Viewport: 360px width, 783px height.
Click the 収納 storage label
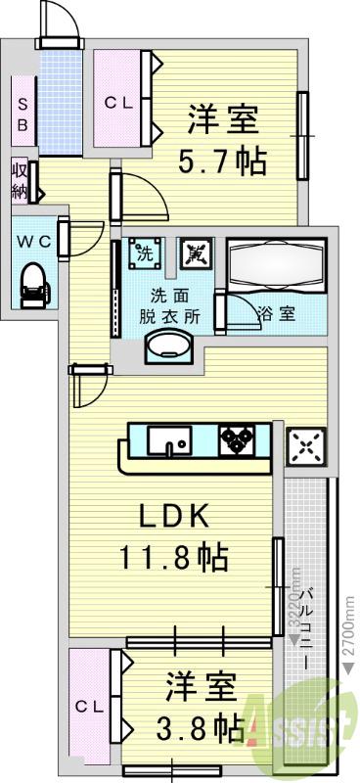20,179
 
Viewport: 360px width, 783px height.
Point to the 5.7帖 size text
222,161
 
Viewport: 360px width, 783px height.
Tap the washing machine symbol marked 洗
145,253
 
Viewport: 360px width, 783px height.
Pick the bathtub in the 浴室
277,264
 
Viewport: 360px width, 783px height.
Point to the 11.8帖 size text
174,558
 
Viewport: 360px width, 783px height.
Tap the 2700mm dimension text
350,626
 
